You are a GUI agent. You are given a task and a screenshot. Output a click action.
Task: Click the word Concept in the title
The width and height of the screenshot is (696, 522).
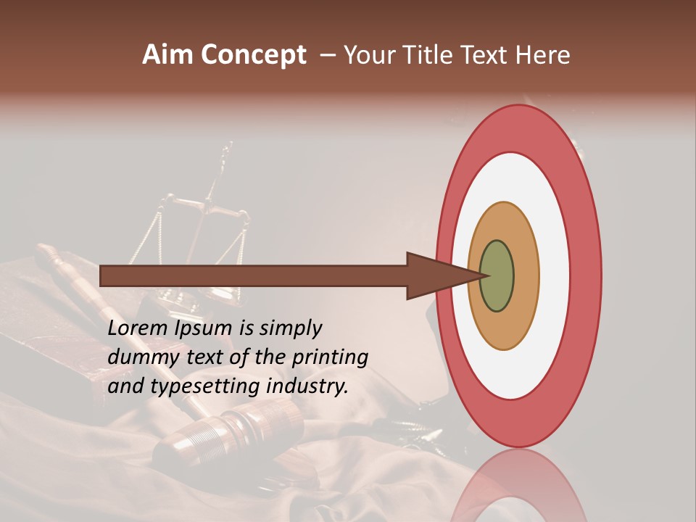253,56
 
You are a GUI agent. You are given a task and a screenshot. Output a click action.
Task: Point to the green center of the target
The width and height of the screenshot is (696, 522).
497,275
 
